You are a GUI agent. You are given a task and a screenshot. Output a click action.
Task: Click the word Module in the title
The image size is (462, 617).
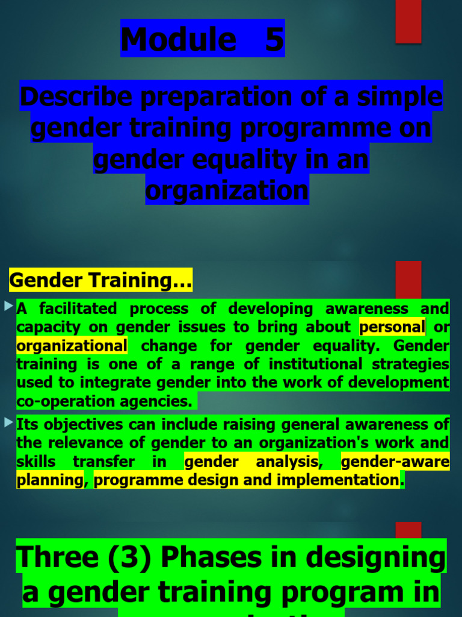point(178,39)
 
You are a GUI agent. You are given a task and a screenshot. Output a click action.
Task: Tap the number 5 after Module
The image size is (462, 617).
point(274,39)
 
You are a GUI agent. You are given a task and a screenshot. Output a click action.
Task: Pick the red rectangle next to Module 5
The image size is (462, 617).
point(408,22)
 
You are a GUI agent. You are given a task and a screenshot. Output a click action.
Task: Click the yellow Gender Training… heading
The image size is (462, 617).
point(100,280)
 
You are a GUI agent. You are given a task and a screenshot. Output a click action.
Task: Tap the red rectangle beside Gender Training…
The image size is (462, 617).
point(408,280)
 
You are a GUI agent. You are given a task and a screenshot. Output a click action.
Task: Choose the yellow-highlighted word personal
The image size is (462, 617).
point(392,327)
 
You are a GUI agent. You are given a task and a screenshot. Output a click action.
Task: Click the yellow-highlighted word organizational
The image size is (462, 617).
point(72,346)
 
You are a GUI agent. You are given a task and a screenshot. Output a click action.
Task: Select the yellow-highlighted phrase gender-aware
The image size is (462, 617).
point(395,462)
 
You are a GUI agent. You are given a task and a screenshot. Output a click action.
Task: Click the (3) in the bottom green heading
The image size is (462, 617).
point(126,557)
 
